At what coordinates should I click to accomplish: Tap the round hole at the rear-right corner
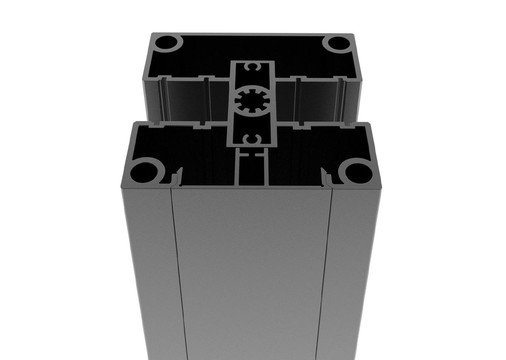338,43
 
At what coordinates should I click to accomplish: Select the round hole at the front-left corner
144,172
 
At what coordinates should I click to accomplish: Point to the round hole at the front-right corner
358,172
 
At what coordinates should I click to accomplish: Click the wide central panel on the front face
252,271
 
